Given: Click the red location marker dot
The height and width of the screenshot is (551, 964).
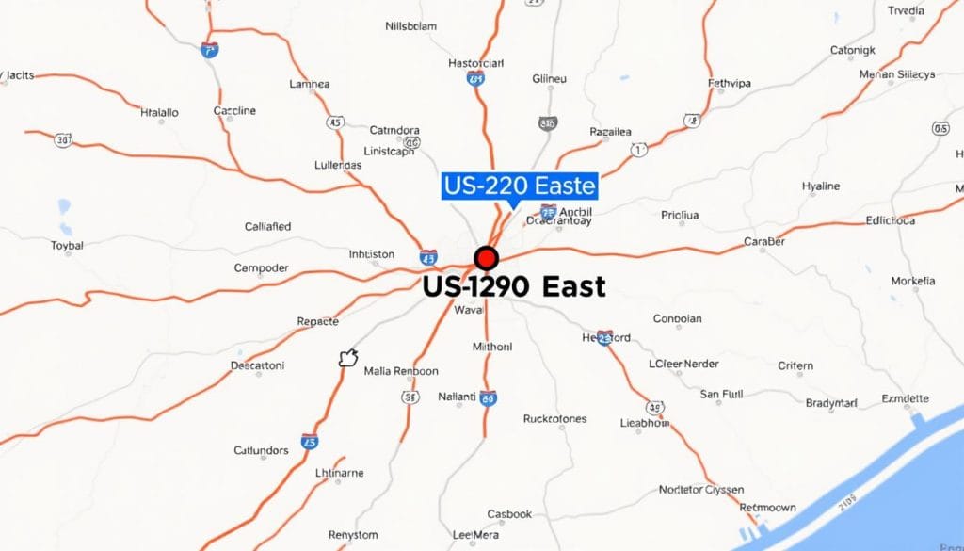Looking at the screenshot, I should [x=486, y=257].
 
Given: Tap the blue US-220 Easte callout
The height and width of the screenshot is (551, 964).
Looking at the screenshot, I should [x=520, y=186].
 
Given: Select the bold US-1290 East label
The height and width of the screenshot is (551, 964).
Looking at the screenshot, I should [x=514, y=286].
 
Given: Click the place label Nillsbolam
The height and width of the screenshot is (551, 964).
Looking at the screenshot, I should [x=411, y=26].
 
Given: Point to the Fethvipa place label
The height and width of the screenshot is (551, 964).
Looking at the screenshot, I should [x=730, y=83].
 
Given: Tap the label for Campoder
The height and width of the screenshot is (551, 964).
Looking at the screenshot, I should [x=261, y=268].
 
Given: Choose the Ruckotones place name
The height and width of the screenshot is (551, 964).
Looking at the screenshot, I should [x=554, y=418].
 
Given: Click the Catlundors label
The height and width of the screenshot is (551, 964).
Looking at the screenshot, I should [x=261, y=450].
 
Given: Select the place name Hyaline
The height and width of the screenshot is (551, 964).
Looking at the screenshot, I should [x=820, y=186].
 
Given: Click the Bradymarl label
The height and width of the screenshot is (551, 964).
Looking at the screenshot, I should [x=831, y=403].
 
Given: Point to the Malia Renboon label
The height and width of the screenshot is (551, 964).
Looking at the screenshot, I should [x=401, y=371].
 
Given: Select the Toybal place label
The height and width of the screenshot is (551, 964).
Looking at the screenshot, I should [x=67, y=245].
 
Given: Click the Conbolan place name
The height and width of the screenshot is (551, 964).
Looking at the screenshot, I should [x=677, y=318].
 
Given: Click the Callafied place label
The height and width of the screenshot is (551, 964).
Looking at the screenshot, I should [x=267, y=227].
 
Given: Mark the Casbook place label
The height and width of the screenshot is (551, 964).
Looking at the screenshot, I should [x=509, y=514].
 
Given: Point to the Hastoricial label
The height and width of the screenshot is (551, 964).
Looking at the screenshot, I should [x=476, y=63].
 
